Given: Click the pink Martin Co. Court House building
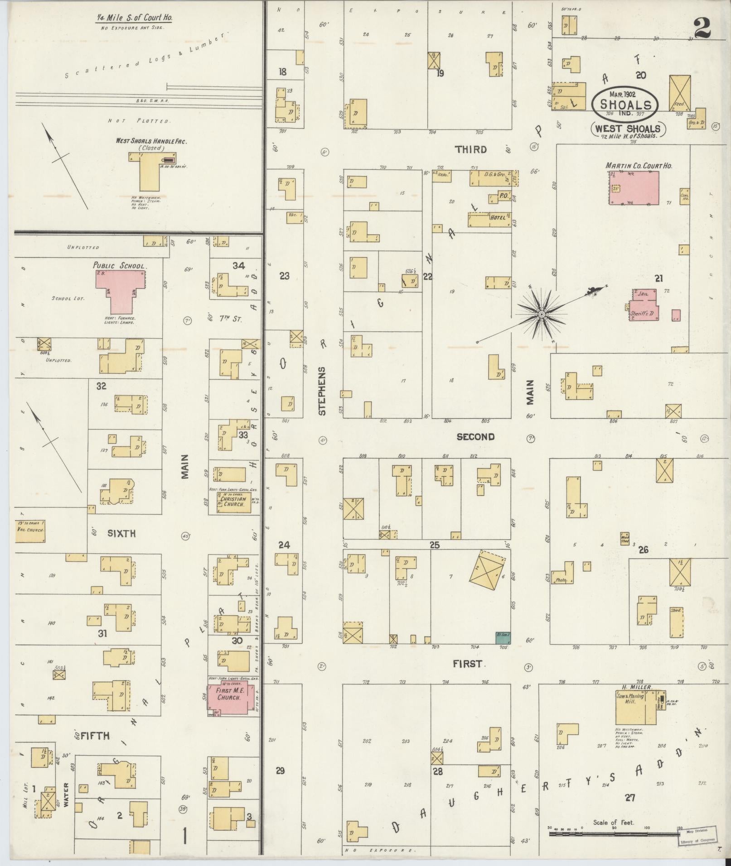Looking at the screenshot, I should (634, 187).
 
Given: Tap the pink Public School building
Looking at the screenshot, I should (120, 285).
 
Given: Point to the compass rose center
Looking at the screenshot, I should (542, 314).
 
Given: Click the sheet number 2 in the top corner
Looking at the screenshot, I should (702, 28).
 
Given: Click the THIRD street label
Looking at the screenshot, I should (471, 150).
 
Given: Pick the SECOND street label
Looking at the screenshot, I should (475, 437).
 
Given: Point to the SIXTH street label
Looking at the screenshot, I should (121, 533).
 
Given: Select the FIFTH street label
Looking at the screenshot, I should (95, 736).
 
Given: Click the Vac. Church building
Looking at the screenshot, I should (30, 531).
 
